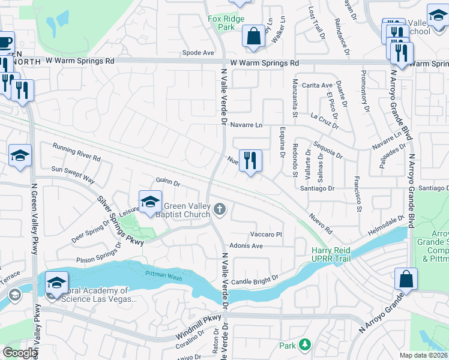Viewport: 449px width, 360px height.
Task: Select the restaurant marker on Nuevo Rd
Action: [250, 161]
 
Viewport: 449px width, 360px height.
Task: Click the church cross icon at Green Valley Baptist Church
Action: [220, 209]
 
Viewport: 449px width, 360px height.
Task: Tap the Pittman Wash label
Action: [162, 274]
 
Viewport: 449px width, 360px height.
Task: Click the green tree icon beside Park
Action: [305, 345]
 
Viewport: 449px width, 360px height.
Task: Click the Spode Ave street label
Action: [198, 53]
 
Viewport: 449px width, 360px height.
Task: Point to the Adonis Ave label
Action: [247, 246]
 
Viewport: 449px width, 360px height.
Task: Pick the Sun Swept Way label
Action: [73, 175]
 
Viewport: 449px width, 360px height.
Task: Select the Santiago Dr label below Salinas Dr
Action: [318, 188]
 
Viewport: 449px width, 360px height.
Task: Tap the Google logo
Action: [20, 353]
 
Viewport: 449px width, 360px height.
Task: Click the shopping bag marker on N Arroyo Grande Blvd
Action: [406, 279]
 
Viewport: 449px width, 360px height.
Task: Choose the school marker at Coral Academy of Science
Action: [56, 282]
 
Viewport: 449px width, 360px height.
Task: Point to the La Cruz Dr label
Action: [325, 121]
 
